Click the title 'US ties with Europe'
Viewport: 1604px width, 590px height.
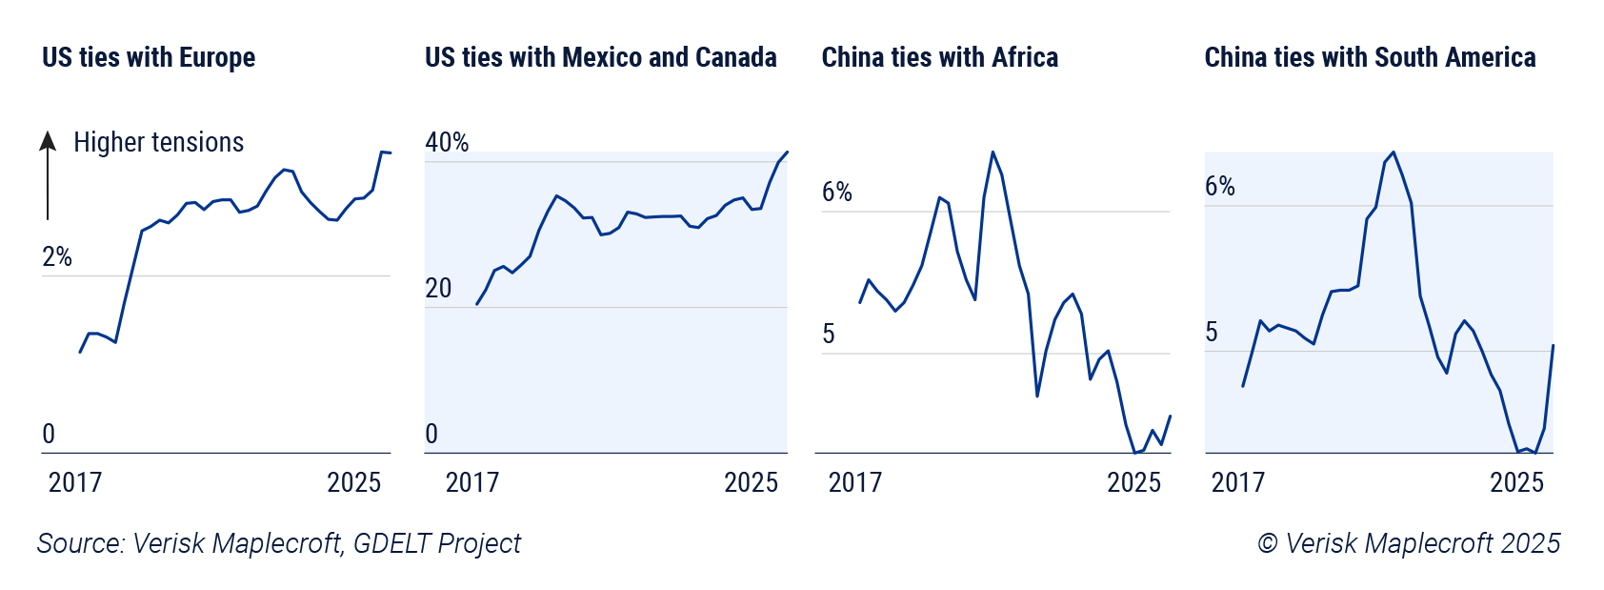149,58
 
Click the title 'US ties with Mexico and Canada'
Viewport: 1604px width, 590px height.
600,58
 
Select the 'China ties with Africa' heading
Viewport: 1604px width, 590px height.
939,58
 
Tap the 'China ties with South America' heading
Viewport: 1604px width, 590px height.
1370,58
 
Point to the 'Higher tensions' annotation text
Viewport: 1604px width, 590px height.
158,143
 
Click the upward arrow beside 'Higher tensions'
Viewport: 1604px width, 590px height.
48,176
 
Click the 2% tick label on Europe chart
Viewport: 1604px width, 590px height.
57,257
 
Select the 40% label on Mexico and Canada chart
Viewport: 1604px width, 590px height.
447,143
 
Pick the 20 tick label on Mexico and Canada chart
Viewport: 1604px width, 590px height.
438,289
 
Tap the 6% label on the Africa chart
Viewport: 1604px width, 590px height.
837,193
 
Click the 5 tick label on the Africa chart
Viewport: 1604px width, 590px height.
829,335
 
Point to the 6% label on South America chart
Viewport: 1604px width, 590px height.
1220,187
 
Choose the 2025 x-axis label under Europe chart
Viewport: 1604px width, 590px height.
353,482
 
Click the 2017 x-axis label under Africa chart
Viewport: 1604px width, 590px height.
854,482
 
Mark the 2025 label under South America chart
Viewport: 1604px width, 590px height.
1516,482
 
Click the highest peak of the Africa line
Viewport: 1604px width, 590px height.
992,152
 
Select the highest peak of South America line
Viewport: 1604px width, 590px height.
1393,152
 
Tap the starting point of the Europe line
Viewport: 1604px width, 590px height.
80,352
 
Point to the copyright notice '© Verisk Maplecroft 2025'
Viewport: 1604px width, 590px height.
1409,543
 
